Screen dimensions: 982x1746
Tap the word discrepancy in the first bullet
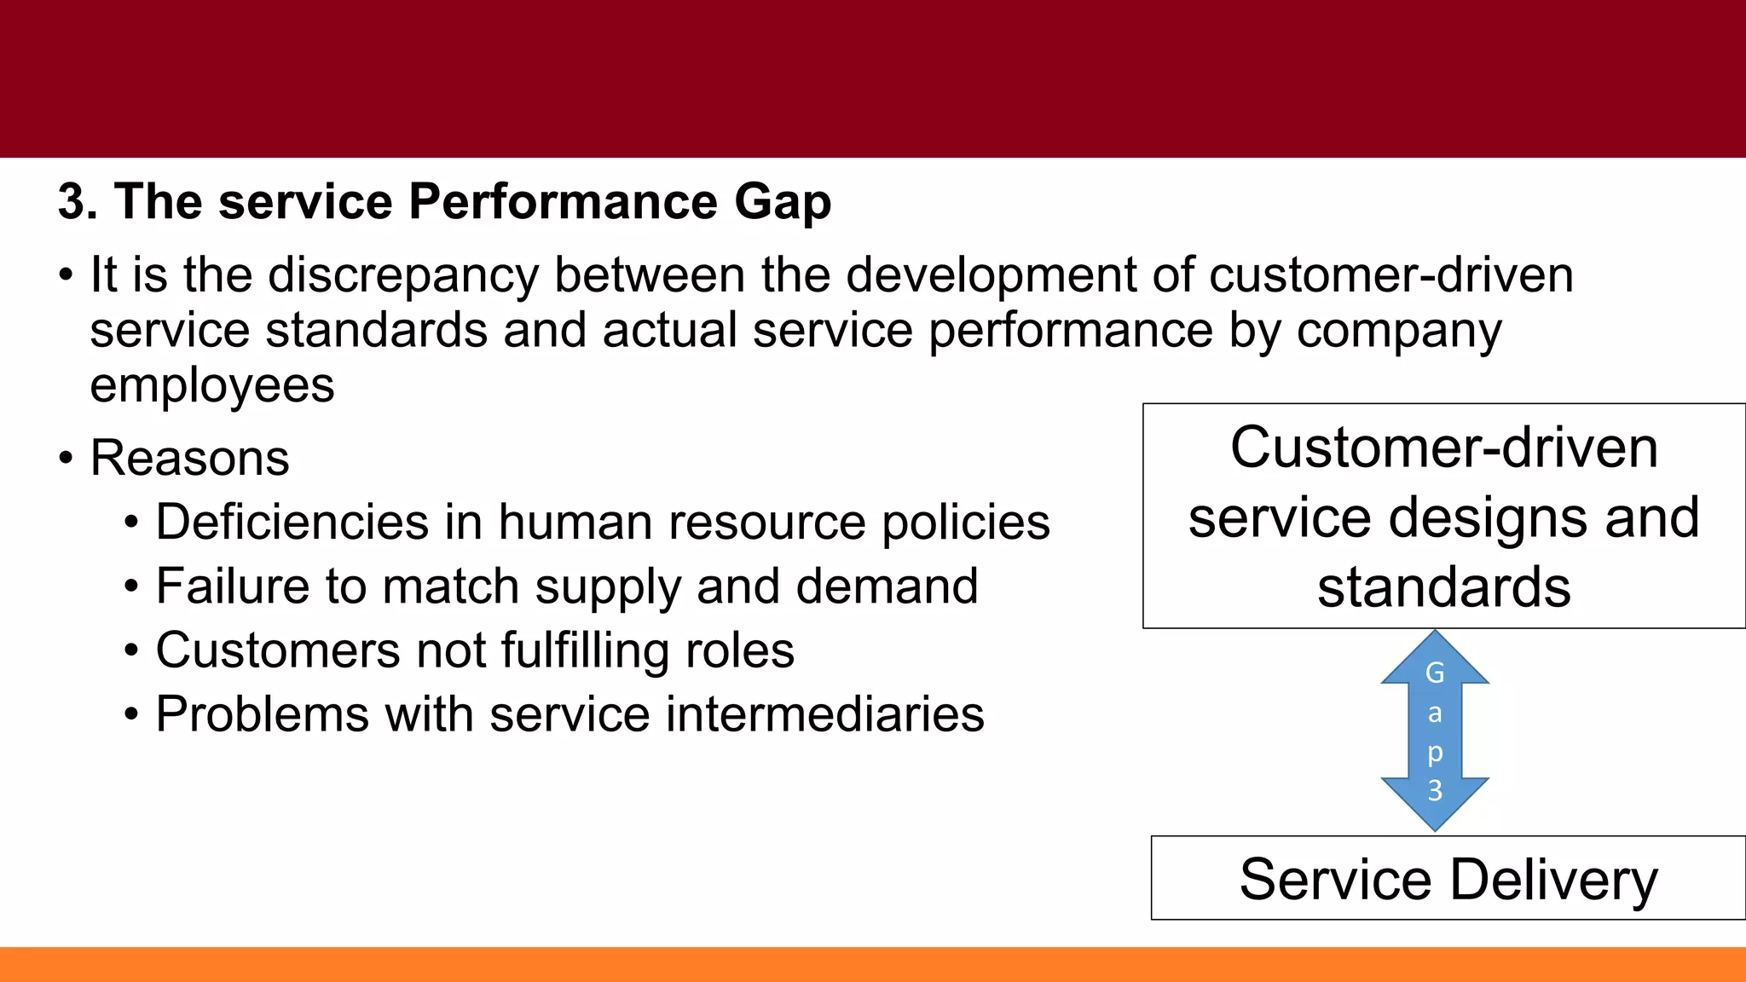tap(403, 277)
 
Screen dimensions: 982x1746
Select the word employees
tap(212, 386)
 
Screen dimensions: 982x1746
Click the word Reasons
tap(189, 459)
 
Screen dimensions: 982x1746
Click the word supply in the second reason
tap(608, 588)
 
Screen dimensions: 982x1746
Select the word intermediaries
tap(824, 714)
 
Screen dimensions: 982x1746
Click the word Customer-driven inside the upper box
tap(1443, 448)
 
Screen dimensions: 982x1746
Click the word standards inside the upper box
tap(1443, 587)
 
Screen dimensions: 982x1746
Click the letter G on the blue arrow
tap(1435, 673)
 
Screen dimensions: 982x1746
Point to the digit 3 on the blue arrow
tap(1435, 790)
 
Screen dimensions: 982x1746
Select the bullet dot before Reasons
tap(66, 459)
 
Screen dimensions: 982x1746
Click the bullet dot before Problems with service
tap(130, 714)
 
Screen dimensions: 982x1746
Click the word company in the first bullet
tap(1398, 332)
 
